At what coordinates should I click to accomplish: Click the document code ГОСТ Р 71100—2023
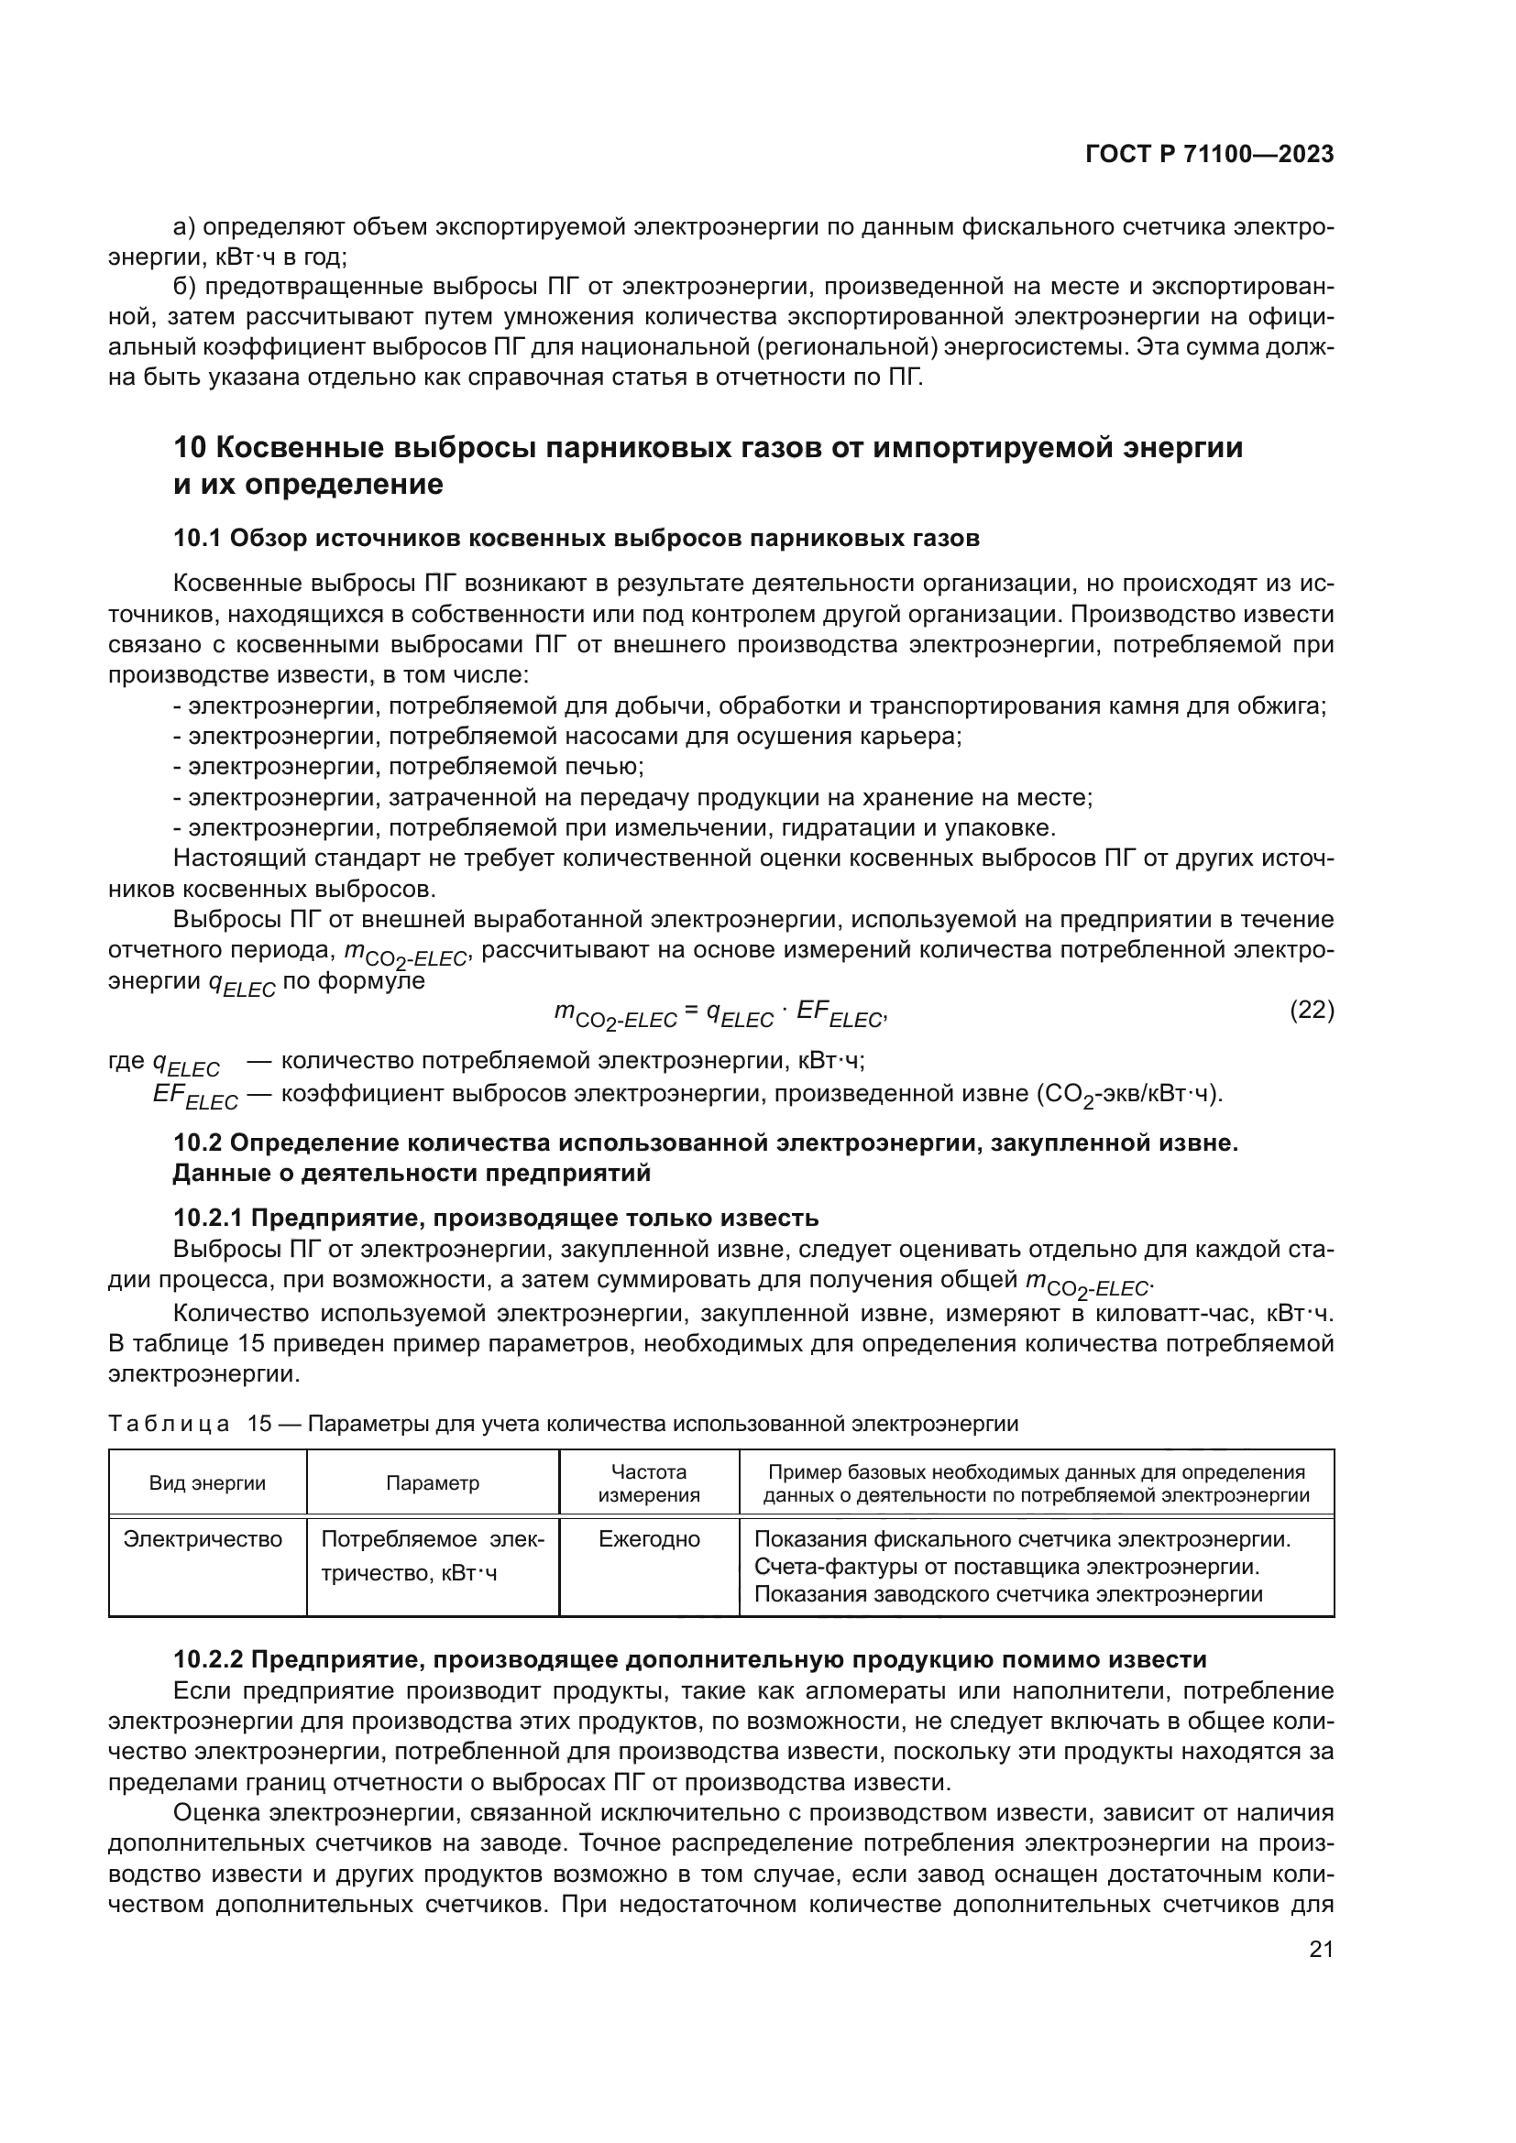click(1209, 155)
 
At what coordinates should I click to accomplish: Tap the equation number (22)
click(1311, 1010)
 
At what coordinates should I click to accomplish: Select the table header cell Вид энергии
click(207, 1483)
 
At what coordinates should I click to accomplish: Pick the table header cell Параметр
click(433, 1483)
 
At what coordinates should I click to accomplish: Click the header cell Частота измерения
click(649, 1483)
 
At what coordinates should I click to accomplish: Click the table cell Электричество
click(203, 1539)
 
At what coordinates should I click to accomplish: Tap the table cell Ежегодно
click(649, 1539)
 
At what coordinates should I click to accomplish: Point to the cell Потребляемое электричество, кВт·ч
click(433, 1556)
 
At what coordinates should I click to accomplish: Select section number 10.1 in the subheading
click(197, 539)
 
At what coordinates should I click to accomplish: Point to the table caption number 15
click(258, 1424)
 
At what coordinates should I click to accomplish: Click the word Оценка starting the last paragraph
click(216, 1813)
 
